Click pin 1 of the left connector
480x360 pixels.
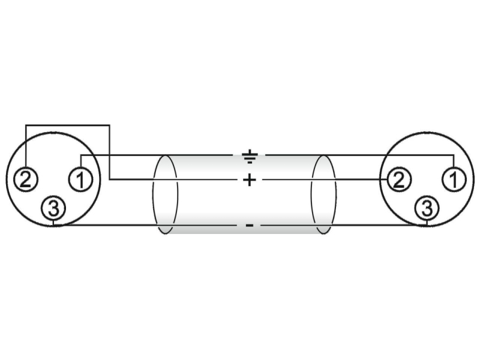[80, 179]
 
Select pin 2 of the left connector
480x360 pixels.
[25, 179]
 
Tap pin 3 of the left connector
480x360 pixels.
[53, 208]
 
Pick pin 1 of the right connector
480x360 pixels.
[454, 179]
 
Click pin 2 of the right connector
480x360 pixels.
[399, 179]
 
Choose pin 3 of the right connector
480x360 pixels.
[427, 208]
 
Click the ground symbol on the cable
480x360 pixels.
[250, 157]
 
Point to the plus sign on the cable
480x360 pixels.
[250, 179]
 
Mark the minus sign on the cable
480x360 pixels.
[250, 226]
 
